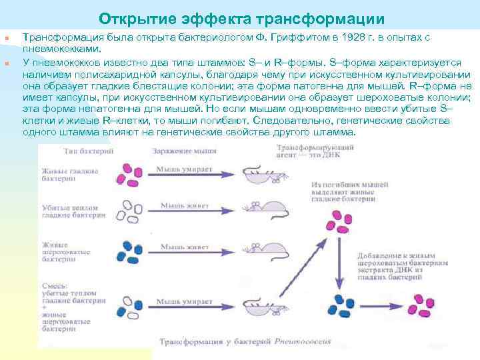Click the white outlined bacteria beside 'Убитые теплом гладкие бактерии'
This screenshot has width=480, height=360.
pyautogui.click(x=128, y=211)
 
